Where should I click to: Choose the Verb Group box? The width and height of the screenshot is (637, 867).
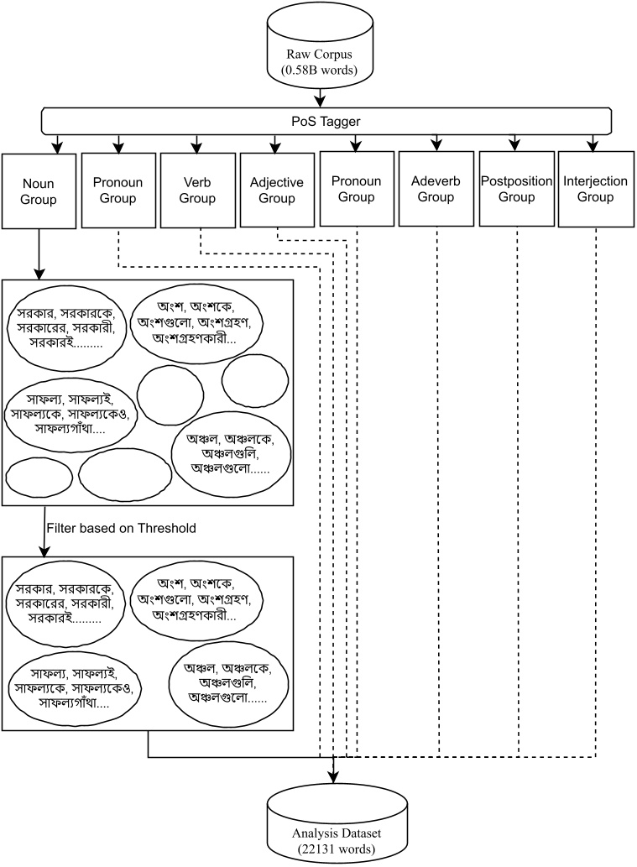click(200, 190)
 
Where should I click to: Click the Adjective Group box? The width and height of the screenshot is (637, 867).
click(277, 190)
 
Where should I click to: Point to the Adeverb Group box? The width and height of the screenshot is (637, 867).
click(436, 190)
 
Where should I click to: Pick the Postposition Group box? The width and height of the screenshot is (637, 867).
click(516, 190)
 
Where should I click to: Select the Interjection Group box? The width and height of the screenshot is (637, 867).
click(595, 190)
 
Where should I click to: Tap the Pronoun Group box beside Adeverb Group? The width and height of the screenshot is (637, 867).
click(357, 190)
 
